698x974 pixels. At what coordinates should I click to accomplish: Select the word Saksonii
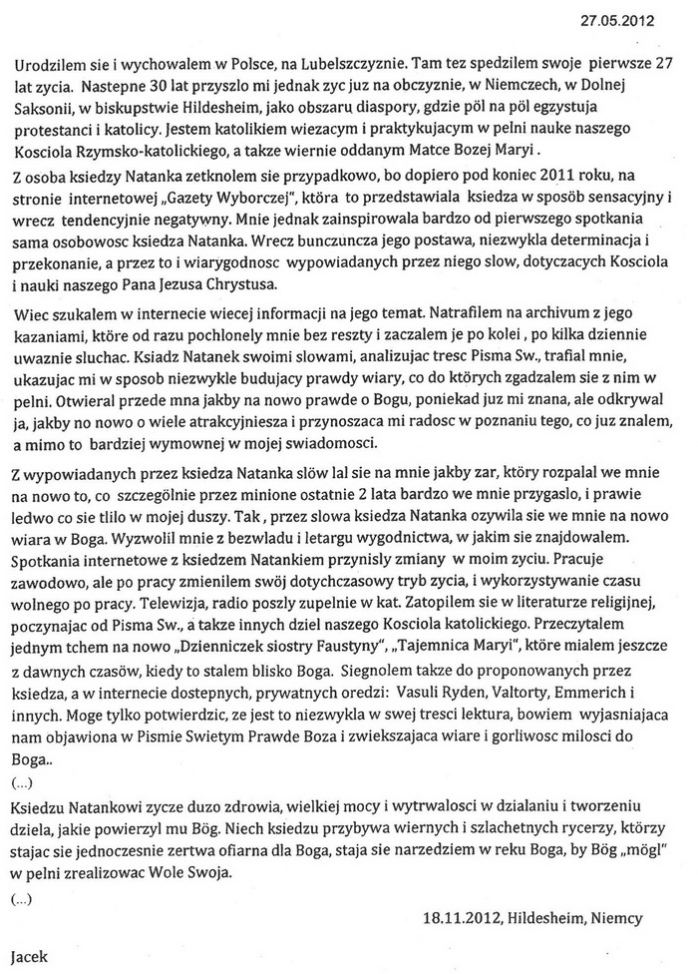(51, 106)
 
